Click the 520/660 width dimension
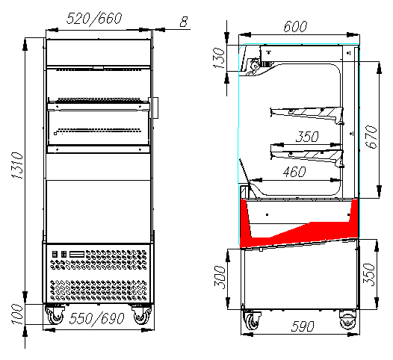94,19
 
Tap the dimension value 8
184,22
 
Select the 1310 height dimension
18,165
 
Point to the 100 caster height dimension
18,314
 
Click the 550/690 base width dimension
96,319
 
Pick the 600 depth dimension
295,26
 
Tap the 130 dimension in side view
219,58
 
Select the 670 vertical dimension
371,137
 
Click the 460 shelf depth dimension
294,172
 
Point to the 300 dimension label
220,277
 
